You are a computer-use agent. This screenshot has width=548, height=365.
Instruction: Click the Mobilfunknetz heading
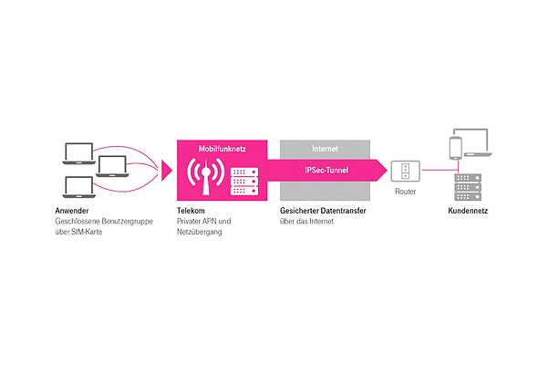[222, 147]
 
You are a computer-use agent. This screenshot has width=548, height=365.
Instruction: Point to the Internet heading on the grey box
[325, 147]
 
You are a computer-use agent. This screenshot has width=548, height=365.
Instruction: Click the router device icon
[405, 171]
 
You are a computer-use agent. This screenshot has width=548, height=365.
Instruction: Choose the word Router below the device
[405, 193]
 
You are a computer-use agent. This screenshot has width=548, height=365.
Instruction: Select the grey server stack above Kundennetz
[466, 187]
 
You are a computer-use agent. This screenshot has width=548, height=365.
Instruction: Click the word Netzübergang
[202, 232]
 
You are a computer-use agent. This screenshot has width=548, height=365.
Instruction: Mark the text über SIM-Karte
[81, 232]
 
